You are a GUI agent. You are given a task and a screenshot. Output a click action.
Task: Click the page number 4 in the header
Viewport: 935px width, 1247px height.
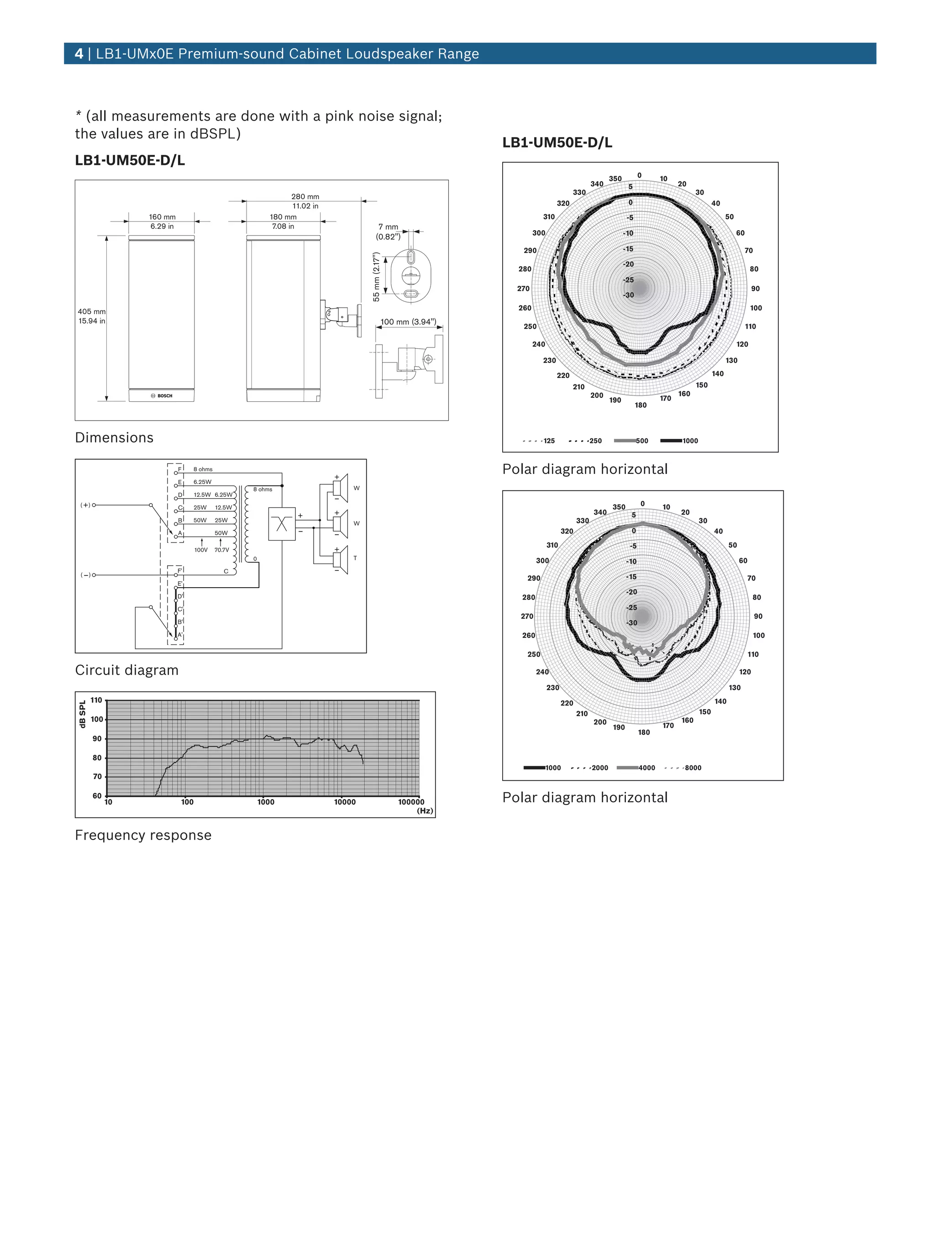click(79, 53)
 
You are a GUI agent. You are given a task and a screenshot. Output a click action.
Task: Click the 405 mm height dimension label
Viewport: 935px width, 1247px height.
click(91, 311)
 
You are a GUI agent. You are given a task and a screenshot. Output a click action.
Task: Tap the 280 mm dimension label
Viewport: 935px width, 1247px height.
click(305, 197)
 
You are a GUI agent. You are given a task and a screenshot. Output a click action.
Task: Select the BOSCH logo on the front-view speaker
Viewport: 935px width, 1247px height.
click(162, 396)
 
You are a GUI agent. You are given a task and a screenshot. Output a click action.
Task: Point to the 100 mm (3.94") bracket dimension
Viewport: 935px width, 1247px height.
click(408, 322)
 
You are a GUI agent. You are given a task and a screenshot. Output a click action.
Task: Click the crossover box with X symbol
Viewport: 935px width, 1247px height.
click(282, 524)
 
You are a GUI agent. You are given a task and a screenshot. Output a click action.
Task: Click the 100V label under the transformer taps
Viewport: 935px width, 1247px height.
click(200, 550)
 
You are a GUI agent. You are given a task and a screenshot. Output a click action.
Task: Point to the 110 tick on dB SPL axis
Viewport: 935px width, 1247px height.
click(96, 700)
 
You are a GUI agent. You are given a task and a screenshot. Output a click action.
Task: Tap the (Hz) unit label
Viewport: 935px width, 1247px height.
click(425, 810)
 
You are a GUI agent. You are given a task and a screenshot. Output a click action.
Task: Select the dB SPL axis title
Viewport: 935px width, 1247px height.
click(82, 714)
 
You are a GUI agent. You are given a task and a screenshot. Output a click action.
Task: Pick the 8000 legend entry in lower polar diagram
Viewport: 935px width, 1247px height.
click(693, 768)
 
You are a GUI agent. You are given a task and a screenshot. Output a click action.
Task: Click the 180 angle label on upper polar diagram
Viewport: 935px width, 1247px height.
click(641, 405)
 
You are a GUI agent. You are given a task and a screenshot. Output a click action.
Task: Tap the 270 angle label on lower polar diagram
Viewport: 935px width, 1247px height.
click(527, 616)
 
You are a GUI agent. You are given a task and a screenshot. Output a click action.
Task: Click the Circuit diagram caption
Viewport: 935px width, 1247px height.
click(127, 670)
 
